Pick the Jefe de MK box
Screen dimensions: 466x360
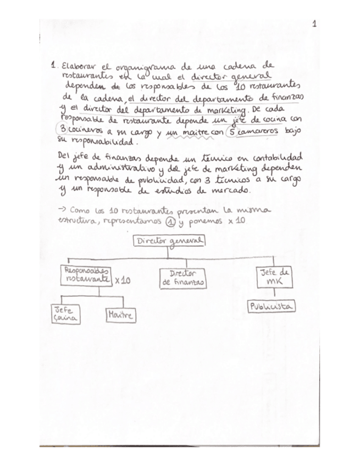[274, 276]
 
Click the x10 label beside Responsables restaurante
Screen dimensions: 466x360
[123, 280]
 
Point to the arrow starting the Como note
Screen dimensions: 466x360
[62, 210]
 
